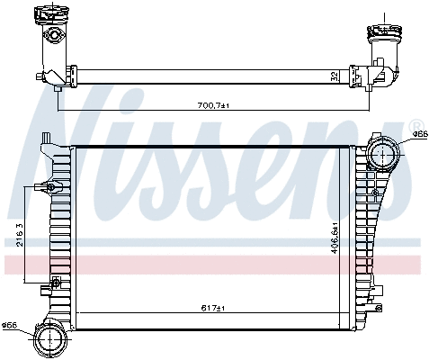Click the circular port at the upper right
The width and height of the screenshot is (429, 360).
coord(384,154)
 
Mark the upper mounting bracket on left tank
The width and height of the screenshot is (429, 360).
coord(47,188)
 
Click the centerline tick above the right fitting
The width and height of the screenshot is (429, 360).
coord(386,17)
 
